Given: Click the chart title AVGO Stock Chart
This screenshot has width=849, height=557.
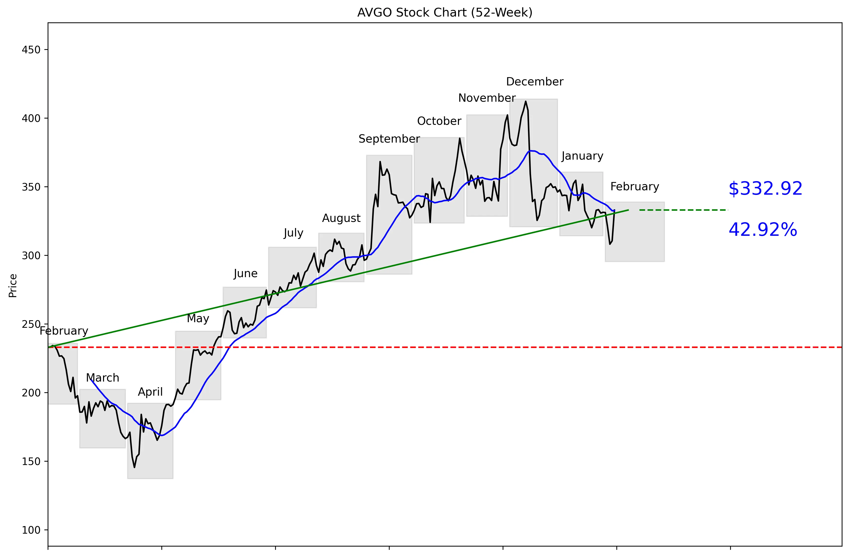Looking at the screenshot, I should tap(445, 12).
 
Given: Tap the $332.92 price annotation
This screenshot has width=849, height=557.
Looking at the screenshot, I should tap(765, 189).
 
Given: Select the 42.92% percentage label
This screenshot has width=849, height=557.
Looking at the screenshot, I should tap(763, 229).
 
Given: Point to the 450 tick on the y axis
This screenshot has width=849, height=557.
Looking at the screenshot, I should tap(31, 50).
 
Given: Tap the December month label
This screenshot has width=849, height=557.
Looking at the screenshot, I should tap(534, 82).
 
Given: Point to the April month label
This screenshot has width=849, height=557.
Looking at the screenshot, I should tap(150, 392).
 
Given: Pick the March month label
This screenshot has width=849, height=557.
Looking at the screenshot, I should tap(103, 378).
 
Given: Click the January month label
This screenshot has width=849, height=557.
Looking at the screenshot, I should tap(582, 156).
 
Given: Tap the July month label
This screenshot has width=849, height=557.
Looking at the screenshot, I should tap(293, 233).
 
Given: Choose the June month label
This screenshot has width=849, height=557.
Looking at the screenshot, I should tap(245, 274).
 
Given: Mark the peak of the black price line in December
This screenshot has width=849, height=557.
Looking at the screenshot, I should tap(525, 101).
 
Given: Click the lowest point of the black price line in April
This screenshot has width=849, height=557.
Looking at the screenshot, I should tap(134, 467).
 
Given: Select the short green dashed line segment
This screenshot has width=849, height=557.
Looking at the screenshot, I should tap(683, 210).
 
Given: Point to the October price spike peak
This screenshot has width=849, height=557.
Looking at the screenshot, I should tap(459, 138).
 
